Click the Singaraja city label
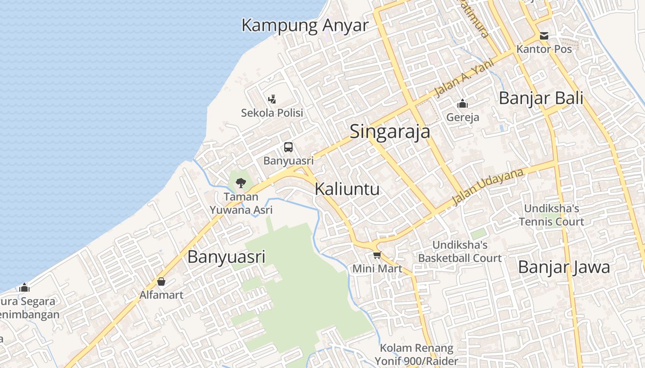click(x=390, y=132)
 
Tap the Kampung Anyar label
click(x=305, y=25)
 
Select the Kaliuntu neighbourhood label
click(x=347, y=189)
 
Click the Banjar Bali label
click(x=541, y=98)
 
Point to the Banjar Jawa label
click(x=564, y=267)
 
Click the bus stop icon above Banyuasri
click(x=288, y=147)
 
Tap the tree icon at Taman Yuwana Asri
click(x=240, y=183)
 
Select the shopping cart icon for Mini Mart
click(x=377, y=255)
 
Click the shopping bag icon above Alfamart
click(x=161, y=282)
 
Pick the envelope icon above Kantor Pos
click(x=544, y=36)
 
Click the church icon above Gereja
click(x=463, y=104)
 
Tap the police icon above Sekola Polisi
click(x=272, y=99)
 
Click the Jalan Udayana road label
click(x=488, y=186)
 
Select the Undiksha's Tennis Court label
click(x=551, y=215)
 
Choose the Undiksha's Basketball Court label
click(x=459, y=251)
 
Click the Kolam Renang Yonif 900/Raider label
click(x=416, y=354)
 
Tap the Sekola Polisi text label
click(x=272, y=113)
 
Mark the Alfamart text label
click(x=161, y=295)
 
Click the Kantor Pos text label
click(x=544, y=49)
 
